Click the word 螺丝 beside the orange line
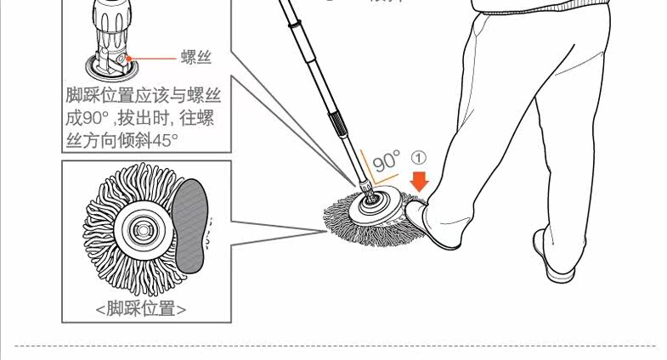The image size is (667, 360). point(195,59)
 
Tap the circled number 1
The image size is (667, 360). point(418,158)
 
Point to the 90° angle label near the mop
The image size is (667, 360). point(386,161)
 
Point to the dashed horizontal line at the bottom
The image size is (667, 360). point(340,346)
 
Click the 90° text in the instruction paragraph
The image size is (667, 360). point(94,117)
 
